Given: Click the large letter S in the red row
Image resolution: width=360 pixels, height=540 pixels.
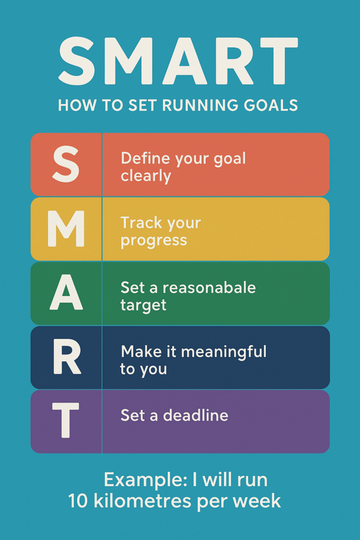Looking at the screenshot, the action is [x=66, y=164].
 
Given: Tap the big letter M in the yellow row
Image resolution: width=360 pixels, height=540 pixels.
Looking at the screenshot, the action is [x=66, y=229].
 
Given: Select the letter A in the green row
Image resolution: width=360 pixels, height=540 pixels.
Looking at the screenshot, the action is [x=66, y=292].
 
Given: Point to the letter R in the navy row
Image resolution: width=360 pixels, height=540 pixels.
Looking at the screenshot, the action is [x=67, y=356].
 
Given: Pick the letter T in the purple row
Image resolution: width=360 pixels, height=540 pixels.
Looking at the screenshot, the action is [x=65, y=420].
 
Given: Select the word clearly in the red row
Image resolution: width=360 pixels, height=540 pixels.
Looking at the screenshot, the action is [x=146, y=176].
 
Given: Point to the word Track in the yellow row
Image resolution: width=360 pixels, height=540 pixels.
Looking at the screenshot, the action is [x=140, y=223].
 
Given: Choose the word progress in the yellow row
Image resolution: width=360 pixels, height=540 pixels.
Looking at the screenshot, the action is [x=154, y=240].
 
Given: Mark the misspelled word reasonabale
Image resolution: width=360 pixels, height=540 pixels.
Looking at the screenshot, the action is [x=209, y=287].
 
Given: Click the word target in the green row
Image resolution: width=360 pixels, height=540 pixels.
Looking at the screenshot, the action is [x=143, y=305].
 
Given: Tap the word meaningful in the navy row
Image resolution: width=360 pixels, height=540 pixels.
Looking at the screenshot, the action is [x=223, y=352].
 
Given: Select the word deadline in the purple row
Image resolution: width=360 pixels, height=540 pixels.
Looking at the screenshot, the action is [x=196, y=416].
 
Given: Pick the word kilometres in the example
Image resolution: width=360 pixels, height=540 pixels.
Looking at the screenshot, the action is [x=142, y=501].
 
